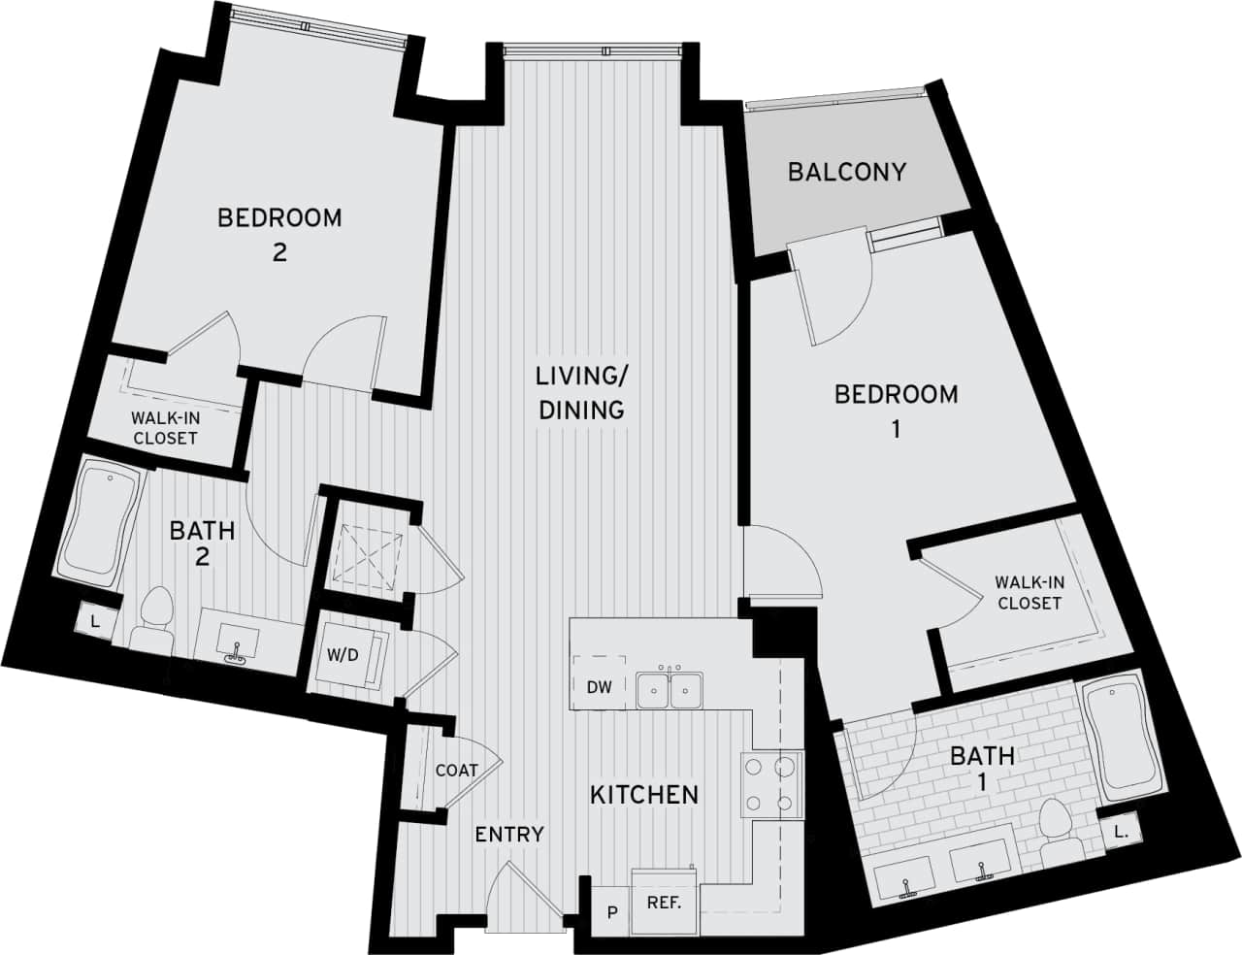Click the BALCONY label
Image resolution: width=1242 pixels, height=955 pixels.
[x=846, y=172]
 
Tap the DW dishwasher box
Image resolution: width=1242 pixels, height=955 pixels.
[x=599, y=687]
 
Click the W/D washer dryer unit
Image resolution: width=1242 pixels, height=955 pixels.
[x=343, y=655]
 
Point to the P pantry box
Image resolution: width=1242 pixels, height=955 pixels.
[x=611, y=912]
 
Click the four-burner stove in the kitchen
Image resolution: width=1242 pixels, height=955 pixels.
[x=771, y=784]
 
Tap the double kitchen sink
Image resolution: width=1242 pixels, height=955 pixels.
[x=670, y=690]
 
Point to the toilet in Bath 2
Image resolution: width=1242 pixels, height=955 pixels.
[x=153, y=621]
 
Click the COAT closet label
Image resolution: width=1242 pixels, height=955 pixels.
[x=456, y=771]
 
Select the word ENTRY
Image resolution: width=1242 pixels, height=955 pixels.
[x=509, y=835]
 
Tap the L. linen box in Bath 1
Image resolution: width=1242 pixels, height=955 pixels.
[x=1121, y=831]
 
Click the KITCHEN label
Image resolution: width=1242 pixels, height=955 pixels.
[x=644, y=795]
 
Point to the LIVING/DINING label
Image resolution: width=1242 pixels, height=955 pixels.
[x=581, y=392]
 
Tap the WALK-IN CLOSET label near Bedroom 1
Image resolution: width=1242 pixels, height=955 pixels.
[x=1030, y=593]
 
